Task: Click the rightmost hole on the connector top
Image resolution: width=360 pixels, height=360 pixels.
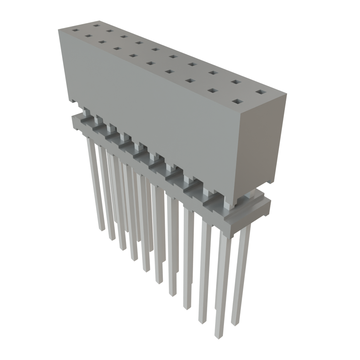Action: pos(261,92)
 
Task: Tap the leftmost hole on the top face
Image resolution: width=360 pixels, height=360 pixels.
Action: pos(74,30)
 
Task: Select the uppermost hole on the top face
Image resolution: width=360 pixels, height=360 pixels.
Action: pos(96,25)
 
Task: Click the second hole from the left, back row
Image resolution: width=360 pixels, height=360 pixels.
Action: pos(109,31)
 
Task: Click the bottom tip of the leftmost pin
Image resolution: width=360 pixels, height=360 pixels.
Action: pos(101,229)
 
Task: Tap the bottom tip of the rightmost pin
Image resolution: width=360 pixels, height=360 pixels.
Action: pos(234,324)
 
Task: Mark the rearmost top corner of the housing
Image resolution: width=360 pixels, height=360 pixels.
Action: pos(98,20)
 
